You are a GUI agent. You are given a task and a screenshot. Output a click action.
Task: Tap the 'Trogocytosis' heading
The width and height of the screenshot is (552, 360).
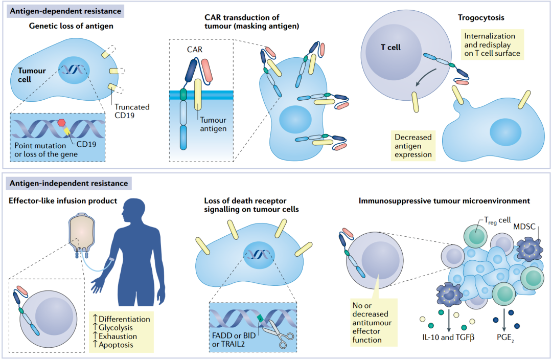(481, 18)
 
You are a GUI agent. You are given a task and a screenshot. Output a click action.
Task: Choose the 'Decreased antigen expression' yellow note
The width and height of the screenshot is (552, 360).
(413, 146)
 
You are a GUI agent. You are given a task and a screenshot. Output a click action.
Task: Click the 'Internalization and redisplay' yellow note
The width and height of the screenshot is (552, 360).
(492, 44)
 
